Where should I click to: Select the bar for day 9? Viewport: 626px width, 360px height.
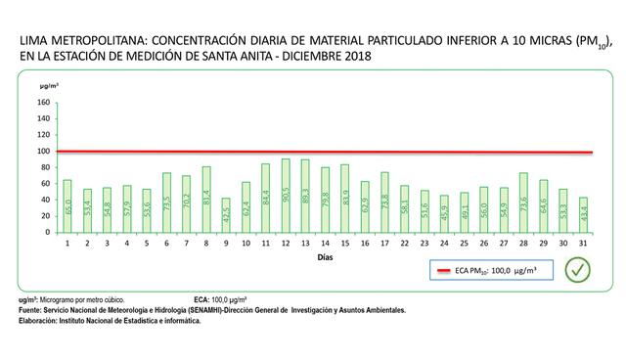(226, 214)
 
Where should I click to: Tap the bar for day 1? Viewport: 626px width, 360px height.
(67, 203)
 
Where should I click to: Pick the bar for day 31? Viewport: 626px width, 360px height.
(584, 213)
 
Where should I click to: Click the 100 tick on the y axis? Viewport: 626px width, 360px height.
(44, 152)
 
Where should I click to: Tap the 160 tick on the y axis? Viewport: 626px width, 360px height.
(44, 103)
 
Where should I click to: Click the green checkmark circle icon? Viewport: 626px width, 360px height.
(579, 269)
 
